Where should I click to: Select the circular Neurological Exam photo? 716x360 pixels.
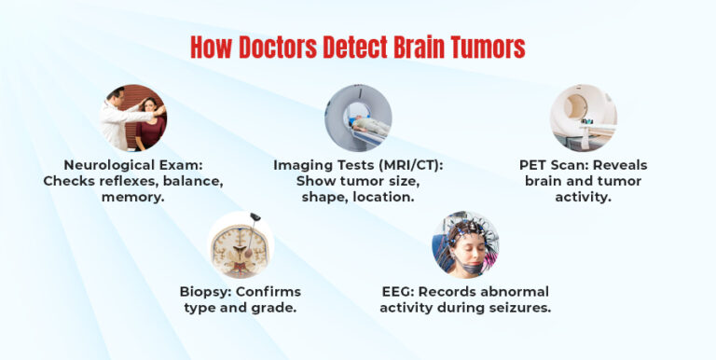click(133, 118)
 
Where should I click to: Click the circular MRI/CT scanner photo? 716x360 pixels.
click(358, 118)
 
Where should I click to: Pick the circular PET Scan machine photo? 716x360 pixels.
click(583, 118)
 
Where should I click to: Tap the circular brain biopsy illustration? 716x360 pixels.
click(240, 245)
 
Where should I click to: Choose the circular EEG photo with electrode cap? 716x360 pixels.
click(465, 244)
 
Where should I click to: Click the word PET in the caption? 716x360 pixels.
click(535, 165)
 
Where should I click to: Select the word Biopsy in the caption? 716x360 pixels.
click(205, 292)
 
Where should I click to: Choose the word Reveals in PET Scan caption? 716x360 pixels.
click(616, 165)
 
